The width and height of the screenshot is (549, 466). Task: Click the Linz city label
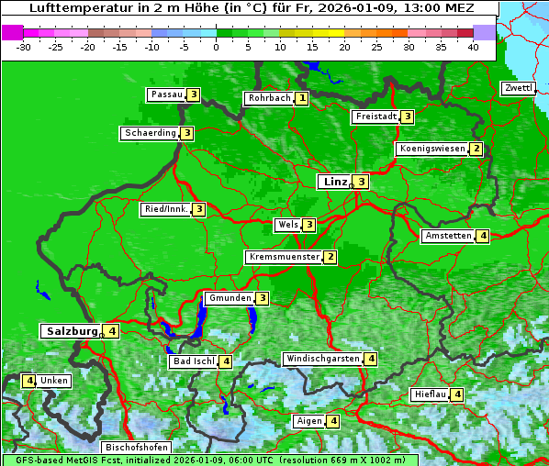click(x=334, y=182)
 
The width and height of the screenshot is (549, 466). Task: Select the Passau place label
click(x=166, y=94)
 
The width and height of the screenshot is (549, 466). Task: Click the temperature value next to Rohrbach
click(x=301, y=98)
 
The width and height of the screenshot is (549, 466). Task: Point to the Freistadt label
click(x=375, y=116)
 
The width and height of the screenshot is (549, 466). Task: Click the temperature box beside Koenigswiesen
click(x=476, y=149)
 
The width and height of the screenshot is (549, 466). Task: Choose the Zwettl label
click(x=518, y=88)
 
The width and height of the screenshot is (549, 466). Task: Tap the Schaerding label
click(x=150, y=133)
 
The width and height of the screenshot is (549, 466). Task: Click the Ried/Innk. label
click(x=165, y=209)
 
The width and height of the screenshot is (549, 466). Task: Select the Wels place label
click(x=287, y=225)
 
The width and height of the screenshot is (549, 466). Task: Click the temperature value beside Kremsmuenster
click(x=330, y=258)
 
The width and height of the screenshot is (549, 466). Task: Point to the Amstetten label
click(x=447, y=236)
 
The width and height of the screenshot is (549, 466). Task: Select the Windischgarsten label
click(x=322, y=359)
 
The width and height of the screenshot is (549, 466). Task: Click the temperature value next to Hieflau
click(x=457, y=394)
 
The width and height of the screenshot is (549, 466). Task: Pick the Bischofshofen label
click(x=136, y=448)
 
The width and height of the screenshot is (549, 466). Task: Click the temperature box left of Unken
click(x=29, y=381)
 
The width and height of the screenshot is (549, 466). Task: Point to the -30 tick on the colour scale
click(x=24, y=46)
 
